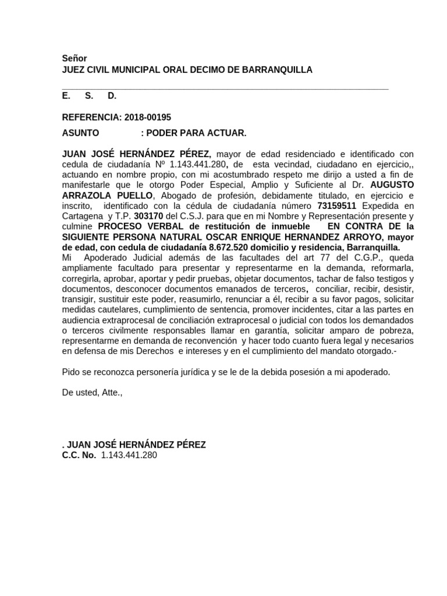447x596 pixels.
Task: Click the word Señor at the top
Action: coord(74,59)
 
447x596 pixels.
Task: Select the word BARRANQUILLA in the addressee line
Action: coord(281,70)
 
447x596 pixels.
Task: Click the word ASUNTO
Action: coord(80,133)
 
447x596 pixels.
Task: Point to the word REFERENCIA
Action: coord(91,117)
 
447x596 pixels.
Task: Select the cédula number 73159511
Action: coord(337,205)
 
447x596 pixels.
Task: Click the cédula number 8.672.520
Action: coord(232,247)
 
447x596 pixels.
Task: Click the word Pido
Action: coord(70,371)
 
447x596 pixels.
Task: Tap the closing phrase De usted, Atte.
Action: coord(93,392)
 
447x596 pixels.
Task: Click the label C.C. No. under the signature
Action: coord(79,455)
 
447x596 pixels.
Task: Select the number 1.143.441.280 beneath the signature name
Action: coord(129,455)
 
